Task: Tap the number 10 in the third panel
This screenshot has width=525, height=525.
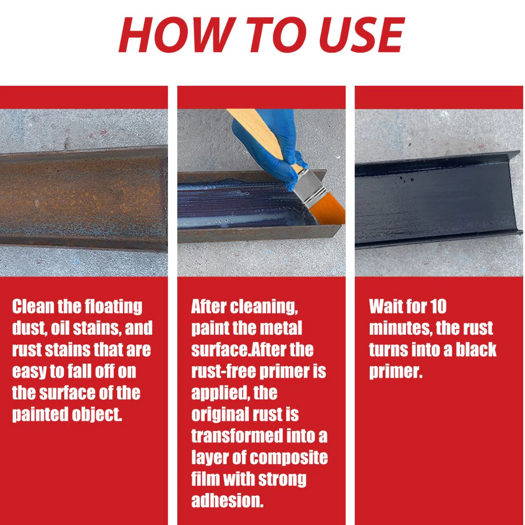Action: [438, 307]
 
